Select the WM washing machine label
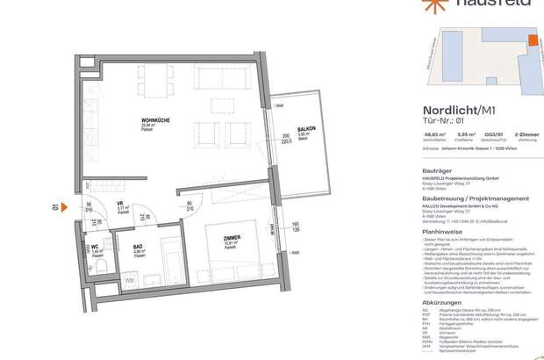click(131, 280)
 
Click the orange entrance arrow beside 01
click(69, 208)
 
